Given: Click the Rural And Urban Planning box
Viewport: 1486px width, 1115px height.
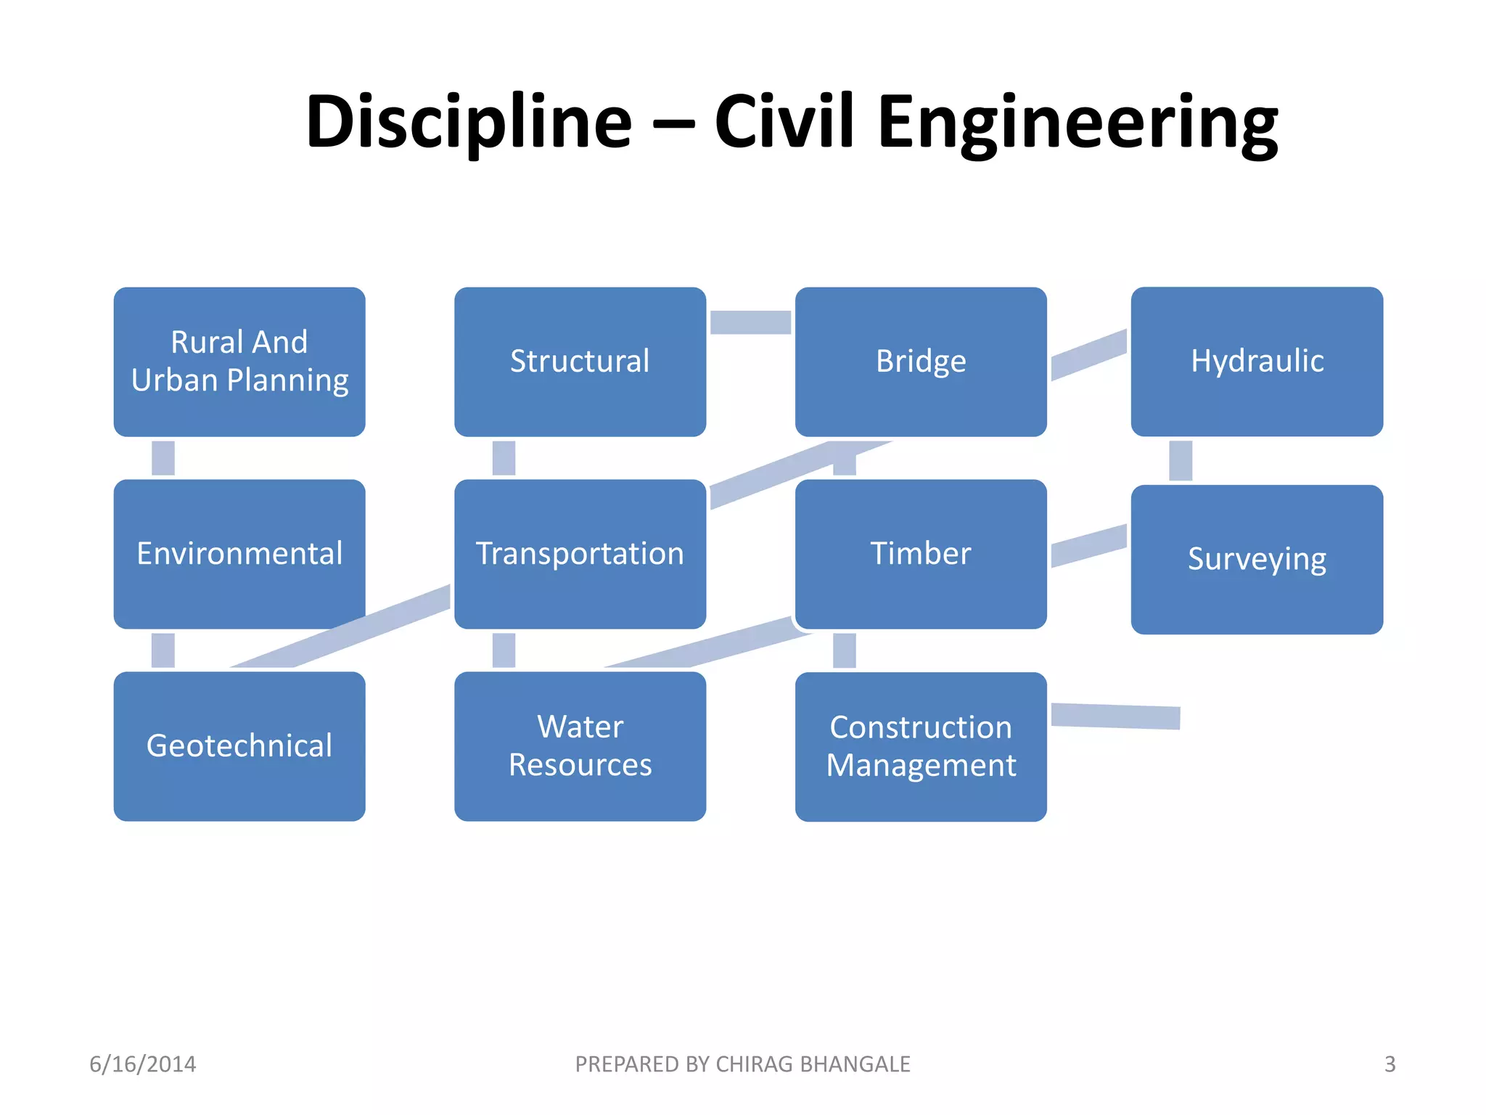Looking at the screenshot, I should coord(239,362).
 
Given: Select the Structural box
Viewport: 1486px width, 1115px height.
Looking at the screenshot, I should coord(580,362).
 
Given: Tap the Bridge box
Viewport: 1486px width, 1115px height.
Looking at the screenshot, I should coord(921,362).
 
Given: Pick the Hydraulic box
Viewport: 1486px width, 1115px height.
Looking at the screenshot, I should coord(1257,362).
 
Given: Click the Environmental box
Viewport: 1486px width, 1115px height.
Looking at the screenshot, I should coord(239,554).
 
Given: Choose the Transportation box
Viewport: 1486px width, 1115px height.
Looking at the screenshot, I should coord(580,554).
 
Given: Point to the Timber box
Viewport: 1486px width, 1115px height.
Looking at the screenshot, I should coord(921,554).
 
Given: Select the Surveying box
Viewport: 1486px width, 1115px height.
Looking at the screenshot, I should coord(1257,560).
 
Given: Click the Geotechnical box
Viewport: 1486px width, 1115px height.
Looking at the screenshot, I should coord(239,746).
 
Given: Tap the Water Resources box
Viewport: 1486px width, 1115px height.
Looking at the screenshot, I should coord(580,746).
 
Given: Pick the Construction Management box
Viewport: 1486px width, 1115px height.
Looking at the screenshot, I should coord(921,746).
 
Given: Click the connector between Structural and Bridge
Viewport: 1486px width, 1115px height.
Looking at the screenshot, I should coord(750,322).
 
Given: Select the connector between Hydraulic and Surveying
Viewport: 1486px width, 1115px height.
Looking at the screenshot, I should coord(1181,460).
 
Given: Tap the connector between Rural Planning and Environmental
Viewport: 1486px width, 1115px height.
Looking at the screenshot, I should coord(163,458).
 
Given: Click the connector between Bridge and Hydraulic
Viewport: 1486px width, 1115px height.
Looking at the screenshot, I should coord(1088,354).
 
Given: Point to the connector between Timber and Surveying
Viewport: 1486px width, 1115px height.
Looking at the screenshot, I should coord(1088,546).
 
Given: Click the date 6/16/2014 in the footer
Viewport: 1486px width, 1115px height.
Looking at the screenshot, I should coord(142,1064).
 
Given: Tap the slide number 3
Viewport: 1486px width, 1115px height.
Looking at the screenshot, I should coord(1389,1064).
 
